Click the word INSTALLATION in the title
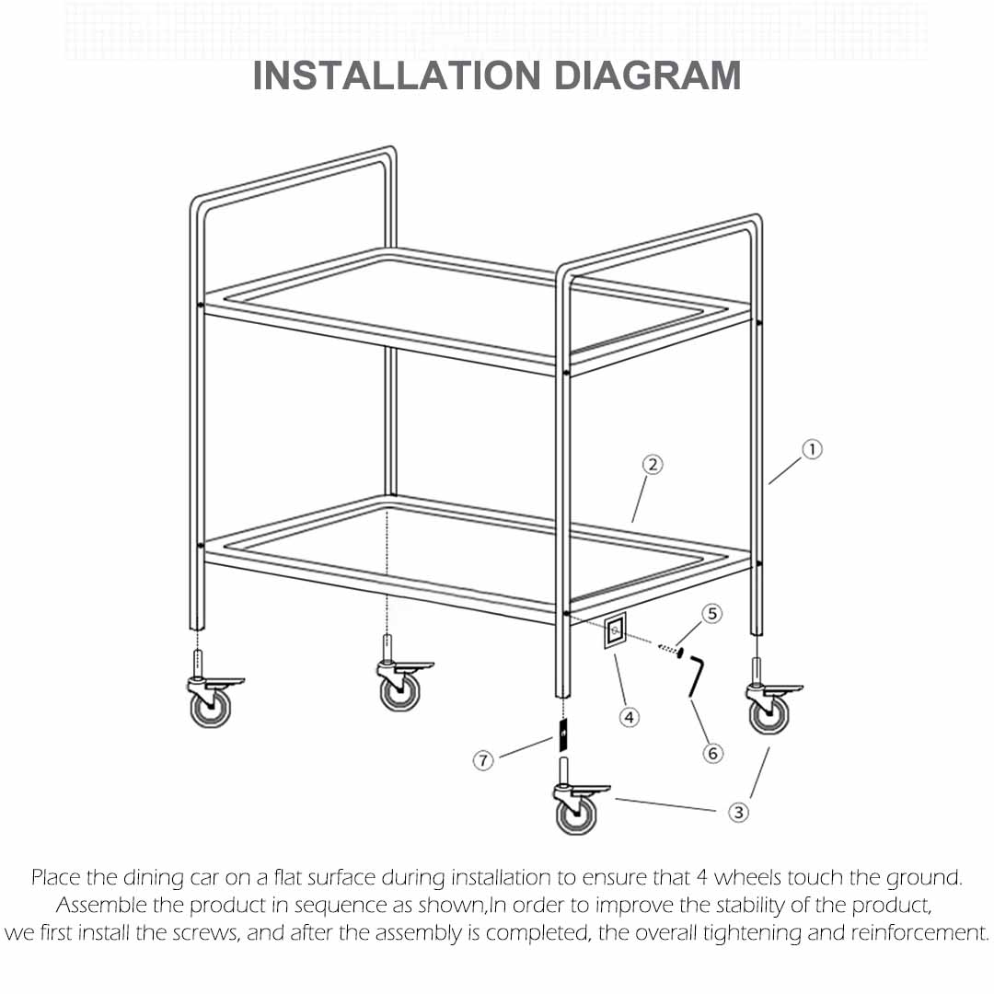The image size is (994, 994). tap(397, 75)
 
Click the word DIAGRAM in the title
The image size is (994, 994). tap(647, 75)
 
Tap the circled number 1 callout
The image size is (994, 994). tap(811, 449)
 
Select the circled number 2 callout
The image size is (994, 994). tap(652, 465)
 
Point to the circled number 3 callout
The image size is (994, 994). tap(738, 812)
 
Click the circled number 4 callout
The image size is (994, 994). tap(629, 717)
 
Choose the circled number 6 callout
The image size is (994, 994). tap(712, 753)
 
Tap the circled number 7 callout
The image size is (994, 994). tap(484, 760)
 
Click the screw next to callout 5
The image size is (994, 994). tap(670, 650)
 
